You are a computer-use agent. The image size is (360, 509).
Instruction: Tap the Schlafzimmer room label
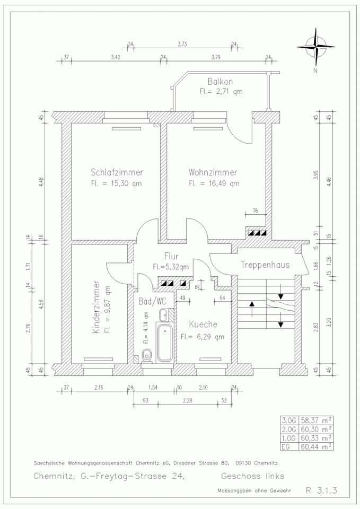(117, 172)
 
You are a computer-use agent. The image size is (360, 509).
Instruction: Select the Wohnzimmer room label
(213, 172)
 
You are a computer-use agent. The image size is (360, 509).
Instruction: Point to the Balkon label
(221, 82)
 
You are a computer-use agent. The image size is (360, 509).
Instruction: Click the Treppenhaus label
(265, 265)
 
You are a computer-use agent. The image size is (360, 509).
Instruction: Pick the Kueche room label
(202, 324)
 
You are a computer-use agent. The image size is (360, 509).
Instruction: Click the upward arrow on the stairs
(252, 307)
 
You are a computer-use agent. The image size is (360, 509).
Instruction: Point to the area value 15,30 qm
(127, 184)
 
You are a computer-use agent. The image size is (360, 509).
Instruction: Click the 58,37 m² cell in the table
(314, 419)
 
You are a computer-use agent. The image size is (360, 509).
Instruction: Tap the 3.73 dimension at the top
(182, 44)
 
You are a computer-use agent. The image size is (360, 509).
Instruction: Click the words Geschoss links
(253, 475)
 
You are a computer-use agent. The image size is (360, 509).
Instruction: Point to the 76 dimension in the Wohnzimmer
(255, 210)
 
